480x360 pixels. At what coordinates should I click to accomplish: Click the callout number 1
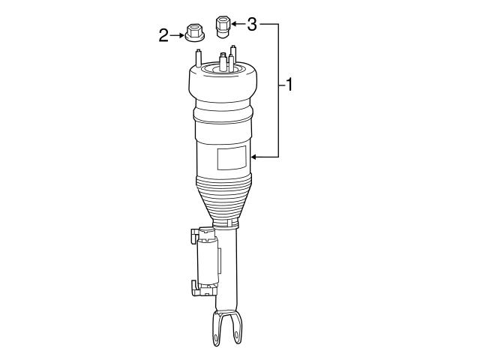[x=288, y=85]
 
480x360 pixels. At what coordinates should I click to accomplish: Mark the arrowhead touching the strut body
[x=256, y=157]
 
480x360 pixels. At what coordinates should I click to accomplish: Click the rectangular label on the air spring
[x=232, y=159]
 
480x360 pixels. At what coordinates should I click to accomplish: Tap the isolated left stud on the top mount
[x=198, y=58]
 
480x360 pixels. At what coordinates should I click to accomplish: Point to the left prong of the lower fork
[x=216, y=329]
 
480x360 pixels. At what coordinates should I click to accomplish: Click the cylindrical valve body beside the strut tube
[x=207, y=261]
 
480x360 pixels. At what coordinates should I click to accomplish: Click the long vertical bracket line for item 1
[x=280, y=90]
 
